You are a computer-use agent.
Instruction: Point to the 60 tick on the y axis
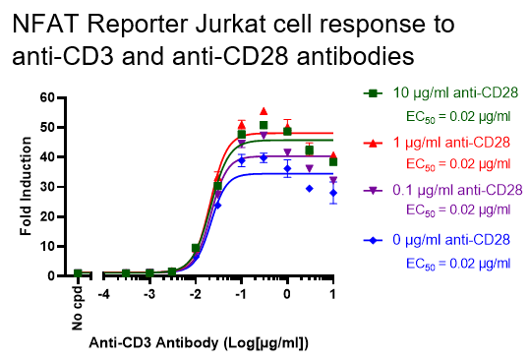pos(45,97)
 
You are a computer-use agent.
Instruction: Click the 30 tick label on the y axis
pos(45,187)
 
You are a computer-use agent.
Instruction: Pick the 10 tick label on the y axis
pos(45,246)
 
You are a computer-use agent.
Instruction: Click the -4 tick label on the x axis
pos(102,294)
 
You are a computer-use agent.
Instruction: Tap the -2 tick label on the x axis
pos(194,294)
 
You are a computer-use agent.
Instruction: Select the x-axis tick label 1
pos(333,294)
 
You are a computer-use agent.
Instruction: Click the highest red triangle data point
pos(264,111)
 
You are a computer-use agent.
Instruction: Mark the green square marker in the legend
pos(373,94)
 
